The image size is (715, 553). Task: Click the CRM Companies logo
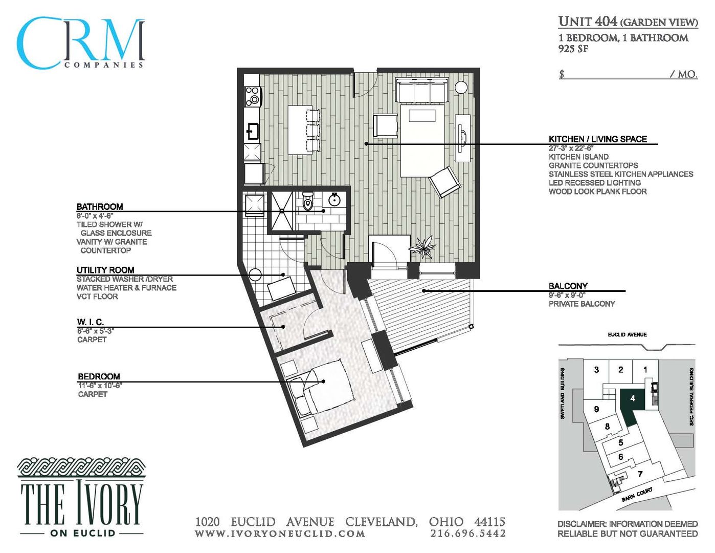(x=80, y=44)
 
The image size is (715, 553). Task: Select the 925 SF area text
(x=573, y=49)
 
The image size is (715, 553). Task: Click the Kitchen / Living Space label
(x=597, y=139)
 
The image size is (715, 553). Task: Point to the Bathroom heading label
(x=100, y=206)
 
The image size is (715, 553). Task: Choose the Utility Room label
(x=105, y=270)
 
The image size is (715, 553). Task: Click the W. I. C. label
(x=91, y=322)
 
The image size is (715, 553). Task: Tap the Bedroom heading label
(x=99, y=376)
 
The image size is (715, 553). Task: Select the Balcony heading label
(x=568, y=286)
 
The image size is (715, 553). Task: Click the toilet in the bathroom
(x=307, y=202)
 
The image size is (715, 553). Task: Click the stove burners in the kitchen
(x=252, y=96)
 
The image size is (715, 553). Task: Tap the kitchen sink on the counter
(x=252, y=131)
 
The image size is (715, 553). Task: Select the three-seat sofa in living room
(x=422, y=91)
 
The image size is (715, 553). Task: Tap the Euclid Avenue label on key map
(x=627, y=334)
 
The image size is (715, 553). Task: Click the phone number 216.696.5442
(x=467, y=534)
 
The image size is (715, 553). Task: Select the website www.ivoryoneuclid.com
(x=280, y=534)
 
